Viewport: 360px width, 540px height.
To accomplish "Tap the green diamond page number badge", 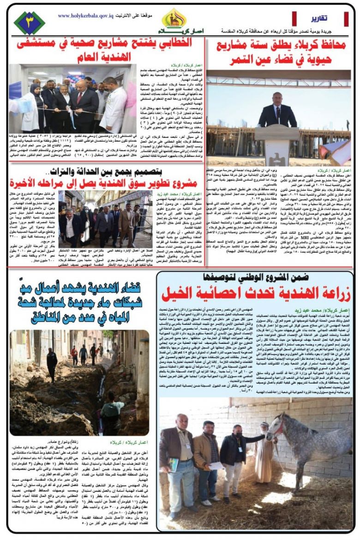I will (29, 23).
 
